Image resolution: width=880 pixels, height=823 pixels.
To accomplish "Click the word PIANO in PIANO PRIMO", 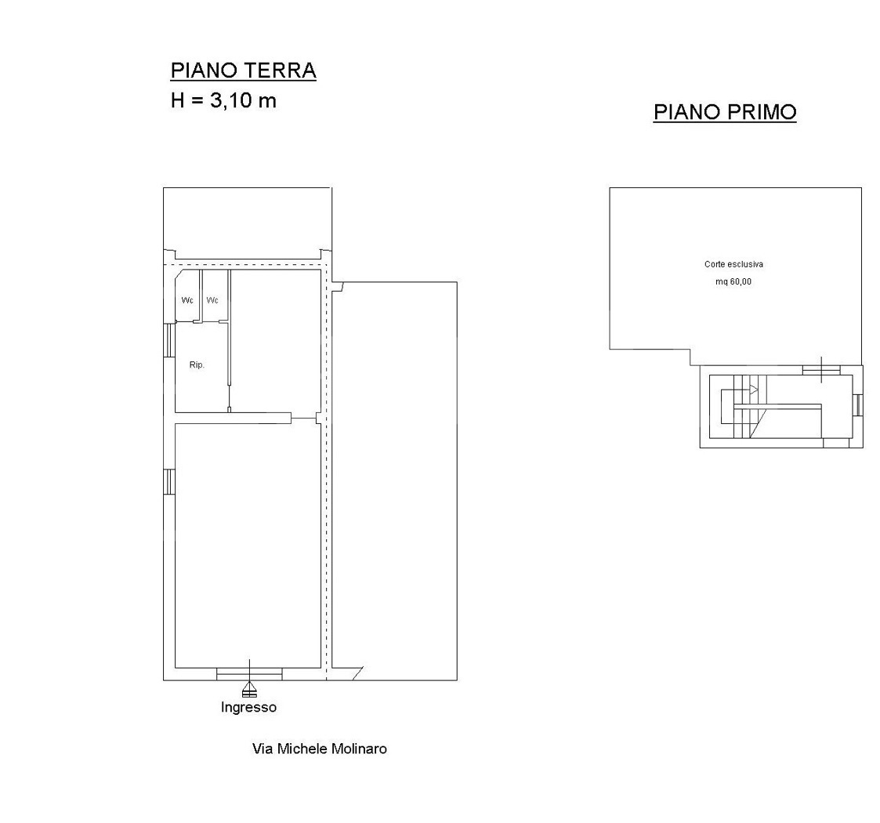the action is pos(687,112).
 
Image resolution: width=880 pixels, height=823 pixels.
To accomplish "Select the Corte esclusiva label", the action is pos(733,264).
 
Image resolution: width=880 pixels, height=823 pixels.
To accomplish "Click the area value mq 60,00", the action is pos(733,281).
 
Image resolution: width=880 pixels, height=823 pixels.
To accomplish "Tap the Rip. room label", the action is pos(197,365).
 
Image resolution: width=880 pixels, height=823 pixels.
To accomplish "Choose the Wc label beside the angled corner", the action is pos(187,300).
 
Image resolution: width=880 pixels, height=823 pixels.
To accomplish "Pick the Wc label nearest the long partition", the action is pos(212,300).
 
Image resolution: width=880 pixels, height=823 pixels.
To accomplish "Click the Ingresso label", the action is pos(248,707).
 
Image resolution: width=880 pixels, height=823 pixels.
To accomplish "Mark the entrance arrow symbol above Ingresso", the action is pos(249,689).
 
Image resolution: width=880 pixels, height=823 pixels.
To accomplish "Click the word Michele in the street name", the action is pos(302,749).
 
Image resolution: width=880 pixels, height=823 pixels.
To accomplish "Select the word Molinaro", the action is pos(359,749).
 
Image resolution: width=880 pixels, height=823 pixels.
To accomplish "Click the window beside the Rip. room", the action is pos(169,340).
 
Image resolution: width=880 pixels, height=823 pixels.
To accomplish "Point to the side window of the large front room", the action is pos(169,482).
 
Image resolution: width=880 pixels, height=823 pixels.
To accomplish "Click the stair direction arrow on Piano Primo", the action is pos(754,390).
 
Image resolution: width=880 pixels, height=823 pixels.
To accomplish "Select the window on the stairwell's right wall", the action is pos(857,404).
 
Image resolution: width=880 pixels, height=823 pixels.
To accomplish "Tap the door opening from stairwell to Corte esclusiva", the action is pos(821,370).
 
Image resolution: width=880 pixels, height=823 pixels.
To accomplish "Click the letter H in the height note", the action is pos(178,101).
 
